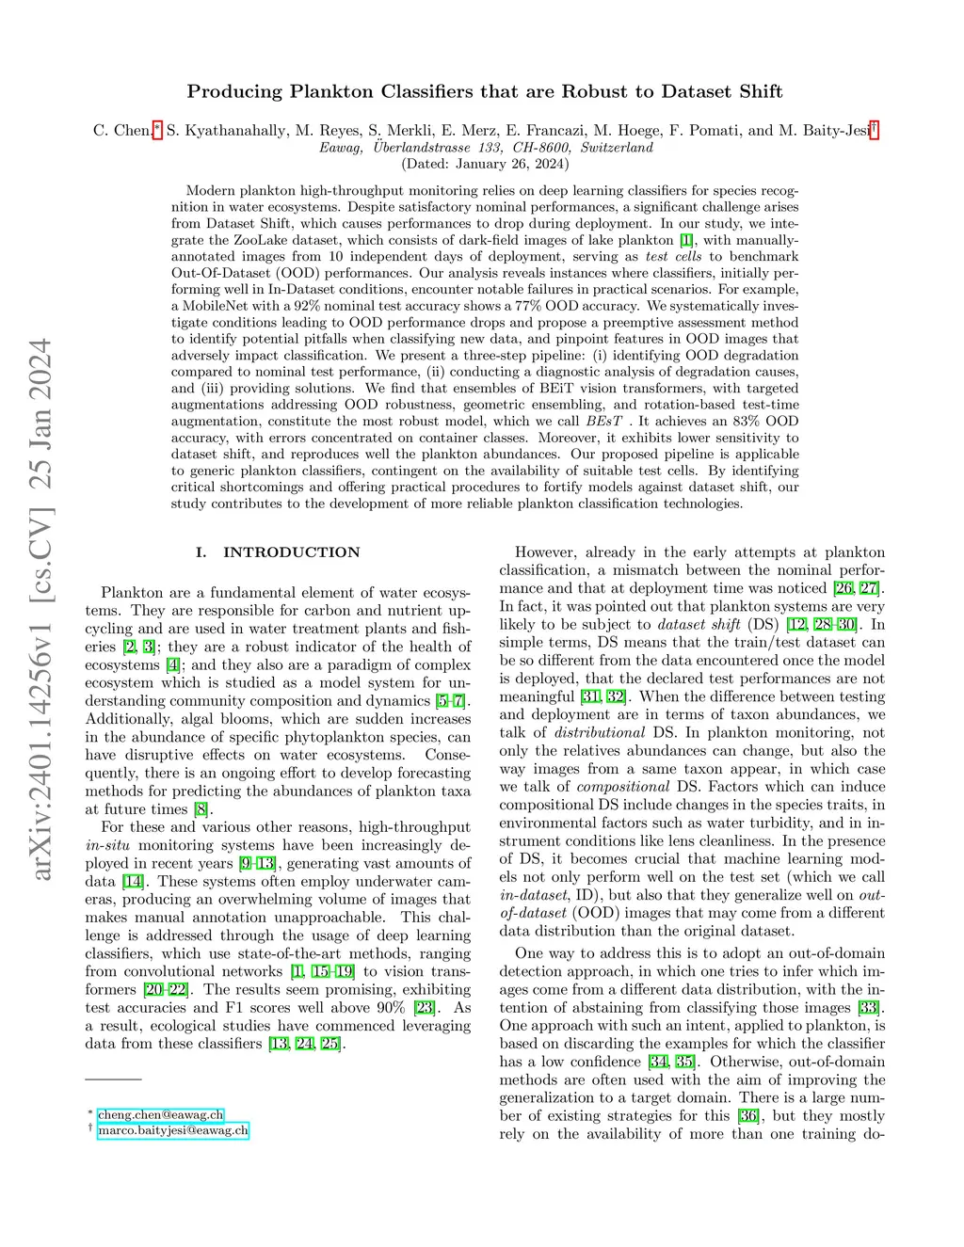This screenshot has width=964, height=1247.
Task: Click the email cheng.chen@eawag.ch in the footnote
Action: pos(161,1114)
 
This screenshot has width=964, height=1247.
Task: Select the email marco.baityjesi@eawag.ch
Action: pos(173,1130)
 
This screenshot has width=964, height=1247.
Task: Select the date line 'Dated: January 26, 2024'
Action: pos(485,164)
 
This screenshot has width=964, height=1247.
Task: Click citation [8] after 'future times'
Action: pos(201,809)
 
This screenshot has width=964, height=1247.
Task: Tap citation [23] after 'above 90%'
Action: pos(425,1008)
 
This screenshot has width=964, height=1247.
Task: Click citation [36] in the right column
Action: pos(748,1116)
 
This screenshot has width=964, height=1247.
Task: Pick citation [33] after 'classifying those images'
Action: pos(867,1008)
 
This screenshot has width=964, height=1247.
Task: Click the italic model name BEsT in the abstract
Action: pos(604,422)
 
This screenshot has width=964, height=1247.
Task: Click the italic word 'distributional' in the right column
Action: pos(600,733)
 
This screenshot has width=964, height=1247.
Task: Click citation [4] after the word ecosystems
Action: pos(172,665)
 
